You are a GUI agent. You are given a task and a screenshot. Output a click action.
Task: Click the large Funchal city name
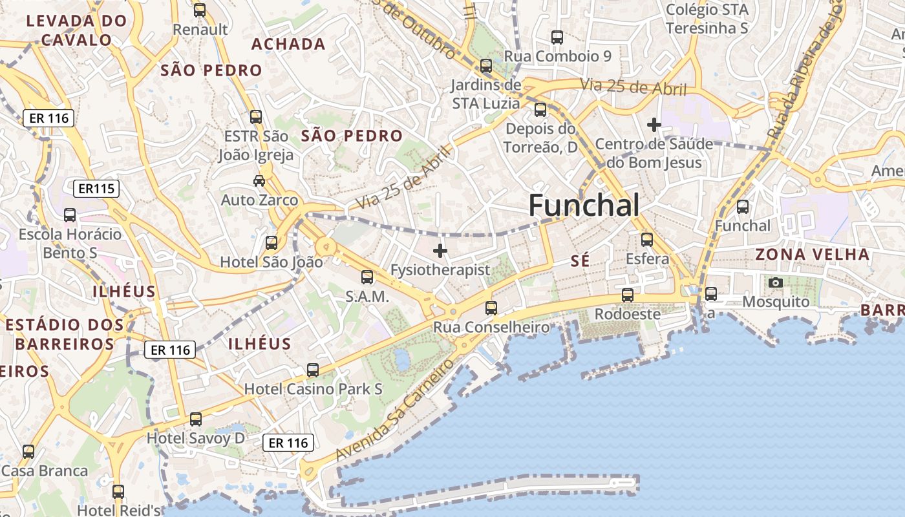point(584,206)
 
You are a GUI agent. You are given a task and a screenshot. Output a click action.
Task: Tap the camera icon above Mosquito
point(776,282)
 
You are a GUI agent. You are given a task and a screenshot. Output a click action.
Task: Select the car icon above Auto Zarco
point(259,181)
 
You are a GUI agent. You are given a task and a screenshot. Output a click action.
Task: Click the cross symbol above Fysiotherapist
point(440,251)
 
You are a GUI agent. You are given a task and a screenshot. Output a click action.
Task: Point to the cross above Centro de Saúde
point(654,124)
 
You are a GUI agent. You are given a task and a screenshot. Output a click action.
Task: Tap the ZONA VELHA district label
point(813,254)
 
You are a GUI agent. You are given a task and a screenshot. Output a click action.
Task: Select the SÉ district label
point(580,261)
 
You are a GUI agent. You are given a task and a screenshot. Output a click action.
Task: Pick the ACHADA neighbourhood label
point(288,44)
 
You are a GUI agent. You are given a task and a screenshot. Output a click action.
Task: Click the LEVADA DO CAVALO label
point(76,30)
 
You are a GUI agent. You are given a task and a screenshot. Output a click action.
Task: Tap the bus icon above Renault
point(200,10)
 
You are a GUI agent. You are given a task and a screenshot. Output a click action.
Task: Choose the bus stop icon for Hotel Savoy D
point(196,419)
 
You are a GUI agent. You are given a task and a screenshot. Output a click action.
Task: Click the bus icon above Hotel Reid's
point(118,492)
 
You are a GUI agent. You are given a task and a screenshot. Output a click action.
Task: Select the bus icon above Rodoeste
point(628,295)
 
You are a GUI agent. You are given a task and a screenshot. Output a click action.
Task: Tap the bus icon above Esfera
point(647,240)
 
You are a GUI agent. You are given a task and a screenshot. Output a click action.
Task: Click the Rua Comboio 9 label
point(557,56)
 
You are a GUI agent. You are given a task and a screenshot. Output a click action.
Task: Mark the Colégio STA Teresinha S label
point(707,19)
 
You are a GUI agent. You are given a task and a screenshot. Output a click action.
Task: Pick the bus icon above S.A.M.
point(367,277)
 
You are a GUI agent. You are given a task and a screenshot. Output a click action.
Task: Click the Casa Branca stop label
point(45,470)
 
